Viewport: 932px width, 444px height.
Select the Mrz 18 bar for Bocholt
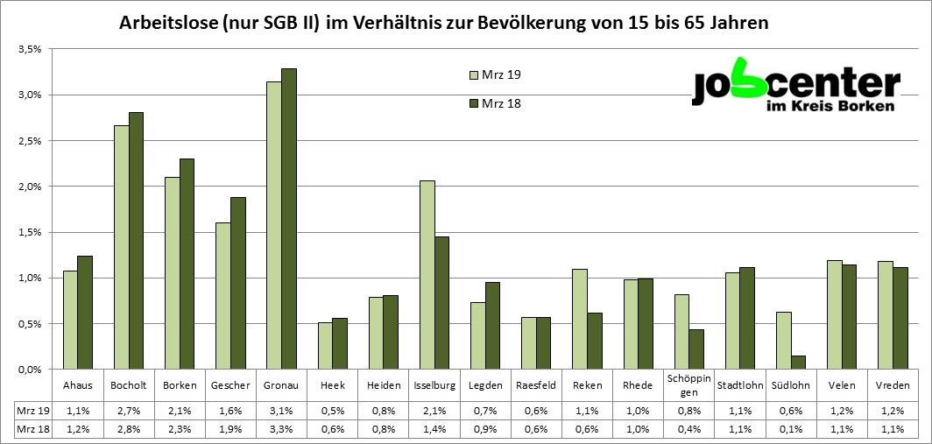136,241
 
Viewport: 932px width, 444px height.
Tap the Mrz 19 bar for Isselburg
427,275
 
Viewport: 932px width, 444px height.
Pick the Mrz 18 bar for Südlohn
798,363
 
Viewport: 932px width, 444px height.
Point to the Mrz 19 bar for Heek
325,346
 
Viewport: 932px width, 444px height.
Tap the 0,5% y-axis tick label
31,323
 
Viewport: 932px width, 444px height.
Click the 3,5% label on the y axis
31,49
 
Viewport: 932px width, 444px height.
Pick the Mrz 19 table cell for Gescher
229,409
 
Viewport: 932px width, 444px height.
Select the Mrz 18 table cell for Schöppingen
688,429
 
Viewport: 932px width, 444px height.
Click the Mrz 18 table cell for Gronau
280,429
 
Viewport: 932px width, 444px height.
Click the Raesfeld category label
535,385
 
